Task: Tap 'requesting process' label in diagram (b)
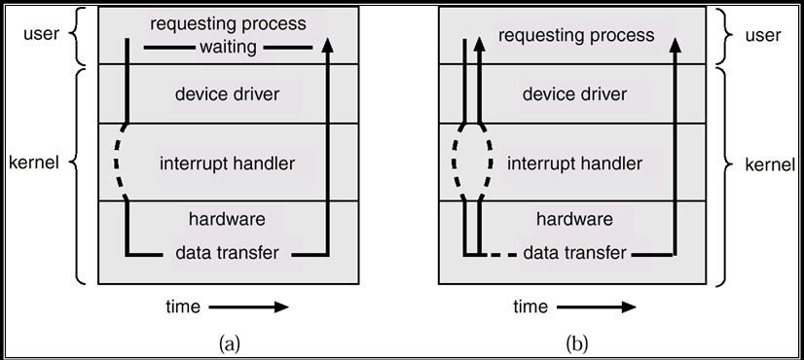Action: [x=575, y=35]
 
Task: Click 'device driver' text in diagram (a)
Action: [x=227, y=94]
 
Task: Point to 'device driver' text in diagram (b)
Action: [x=575, y=94]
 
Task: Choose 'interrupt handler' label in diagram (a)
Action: [x=227, y=162]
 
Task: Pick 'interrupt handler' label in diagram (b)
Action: [x=575, y=162]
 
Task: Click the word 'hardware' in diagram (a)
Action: [x=227, y=219]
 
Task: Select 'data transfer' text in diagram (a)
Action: [x=227, y=253]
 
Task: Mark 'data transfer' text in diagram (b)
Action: [x=575, y=253]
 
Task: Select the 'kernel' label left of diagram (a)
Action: [x=36, y=162]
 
